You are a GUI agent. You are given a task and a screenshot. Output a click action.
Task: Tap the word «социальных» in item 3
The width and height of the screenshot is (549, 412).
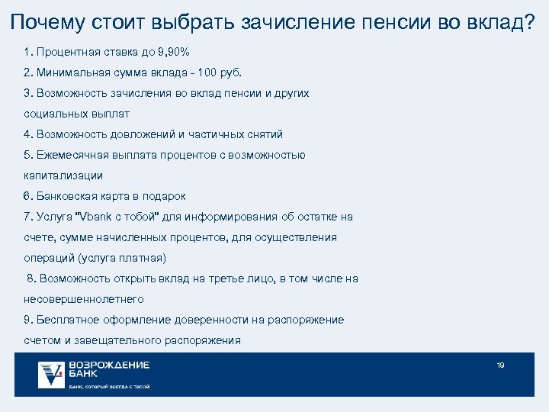coord(53,113)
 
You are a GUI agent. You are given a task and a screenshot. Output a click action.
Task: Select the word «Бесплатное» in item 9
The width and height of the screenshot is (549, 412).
coord(66,320)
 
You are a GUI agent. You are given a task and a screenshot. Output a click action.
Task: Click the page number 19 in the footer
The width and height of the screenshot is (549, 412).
coord(500,365)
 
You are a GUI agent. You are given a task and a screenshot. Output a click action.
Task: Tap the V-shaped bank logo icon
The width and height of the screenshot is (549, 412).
coord(51,374)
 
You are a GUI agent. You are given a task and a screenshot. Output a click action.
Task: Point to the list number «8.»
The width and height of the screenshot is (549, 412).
coord(31,278)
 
